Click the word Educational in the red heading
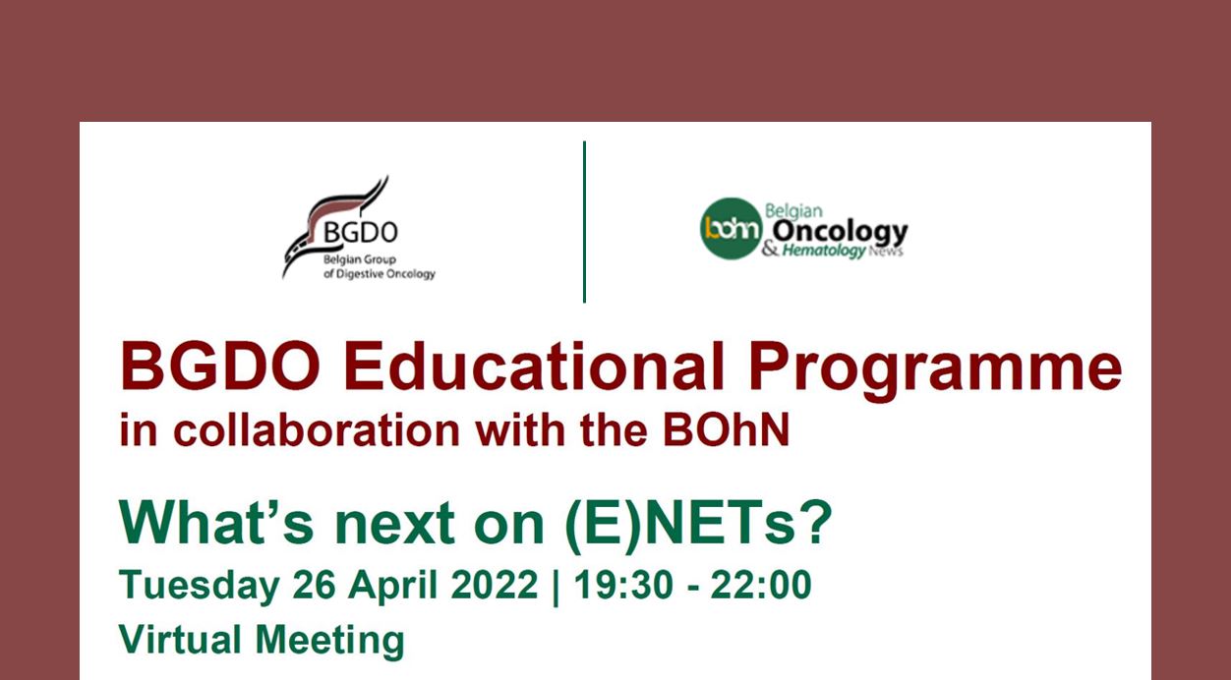pyautogui.click(x=534, y=367)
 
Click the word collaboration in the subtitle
pyautogui.click(x=317, y=430)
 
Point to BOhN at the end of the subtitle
pyautogui.click(x=726, y=430)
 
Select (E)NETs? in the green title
pyautogui.click(x=698, y=524)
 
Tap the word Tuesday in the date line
pyautogui.click(x=200, y=586)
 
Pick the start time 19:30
pyautogui.click(x=623, y=585)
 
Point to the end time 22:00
pyautogui.click(x=761, y=585)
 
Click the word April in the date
pyautogui.click(x=393, y=586)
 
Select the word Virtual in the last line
pyautogui.click(x=180, y=640)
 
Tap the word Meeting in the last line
pyautogui.click(x=329, y=642)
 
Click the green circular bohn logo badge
pyautogui.click(x=731, y=228)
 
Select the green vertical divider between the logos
pyautogui.click(x=584, y=222)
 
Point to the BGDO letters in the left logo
pyautogui.click(x=361, y=232)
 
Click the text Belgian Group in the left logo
pyautogui.click(x=360, y=260)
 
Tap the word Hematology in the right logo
pyautogui.click(x=823, y=251)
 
